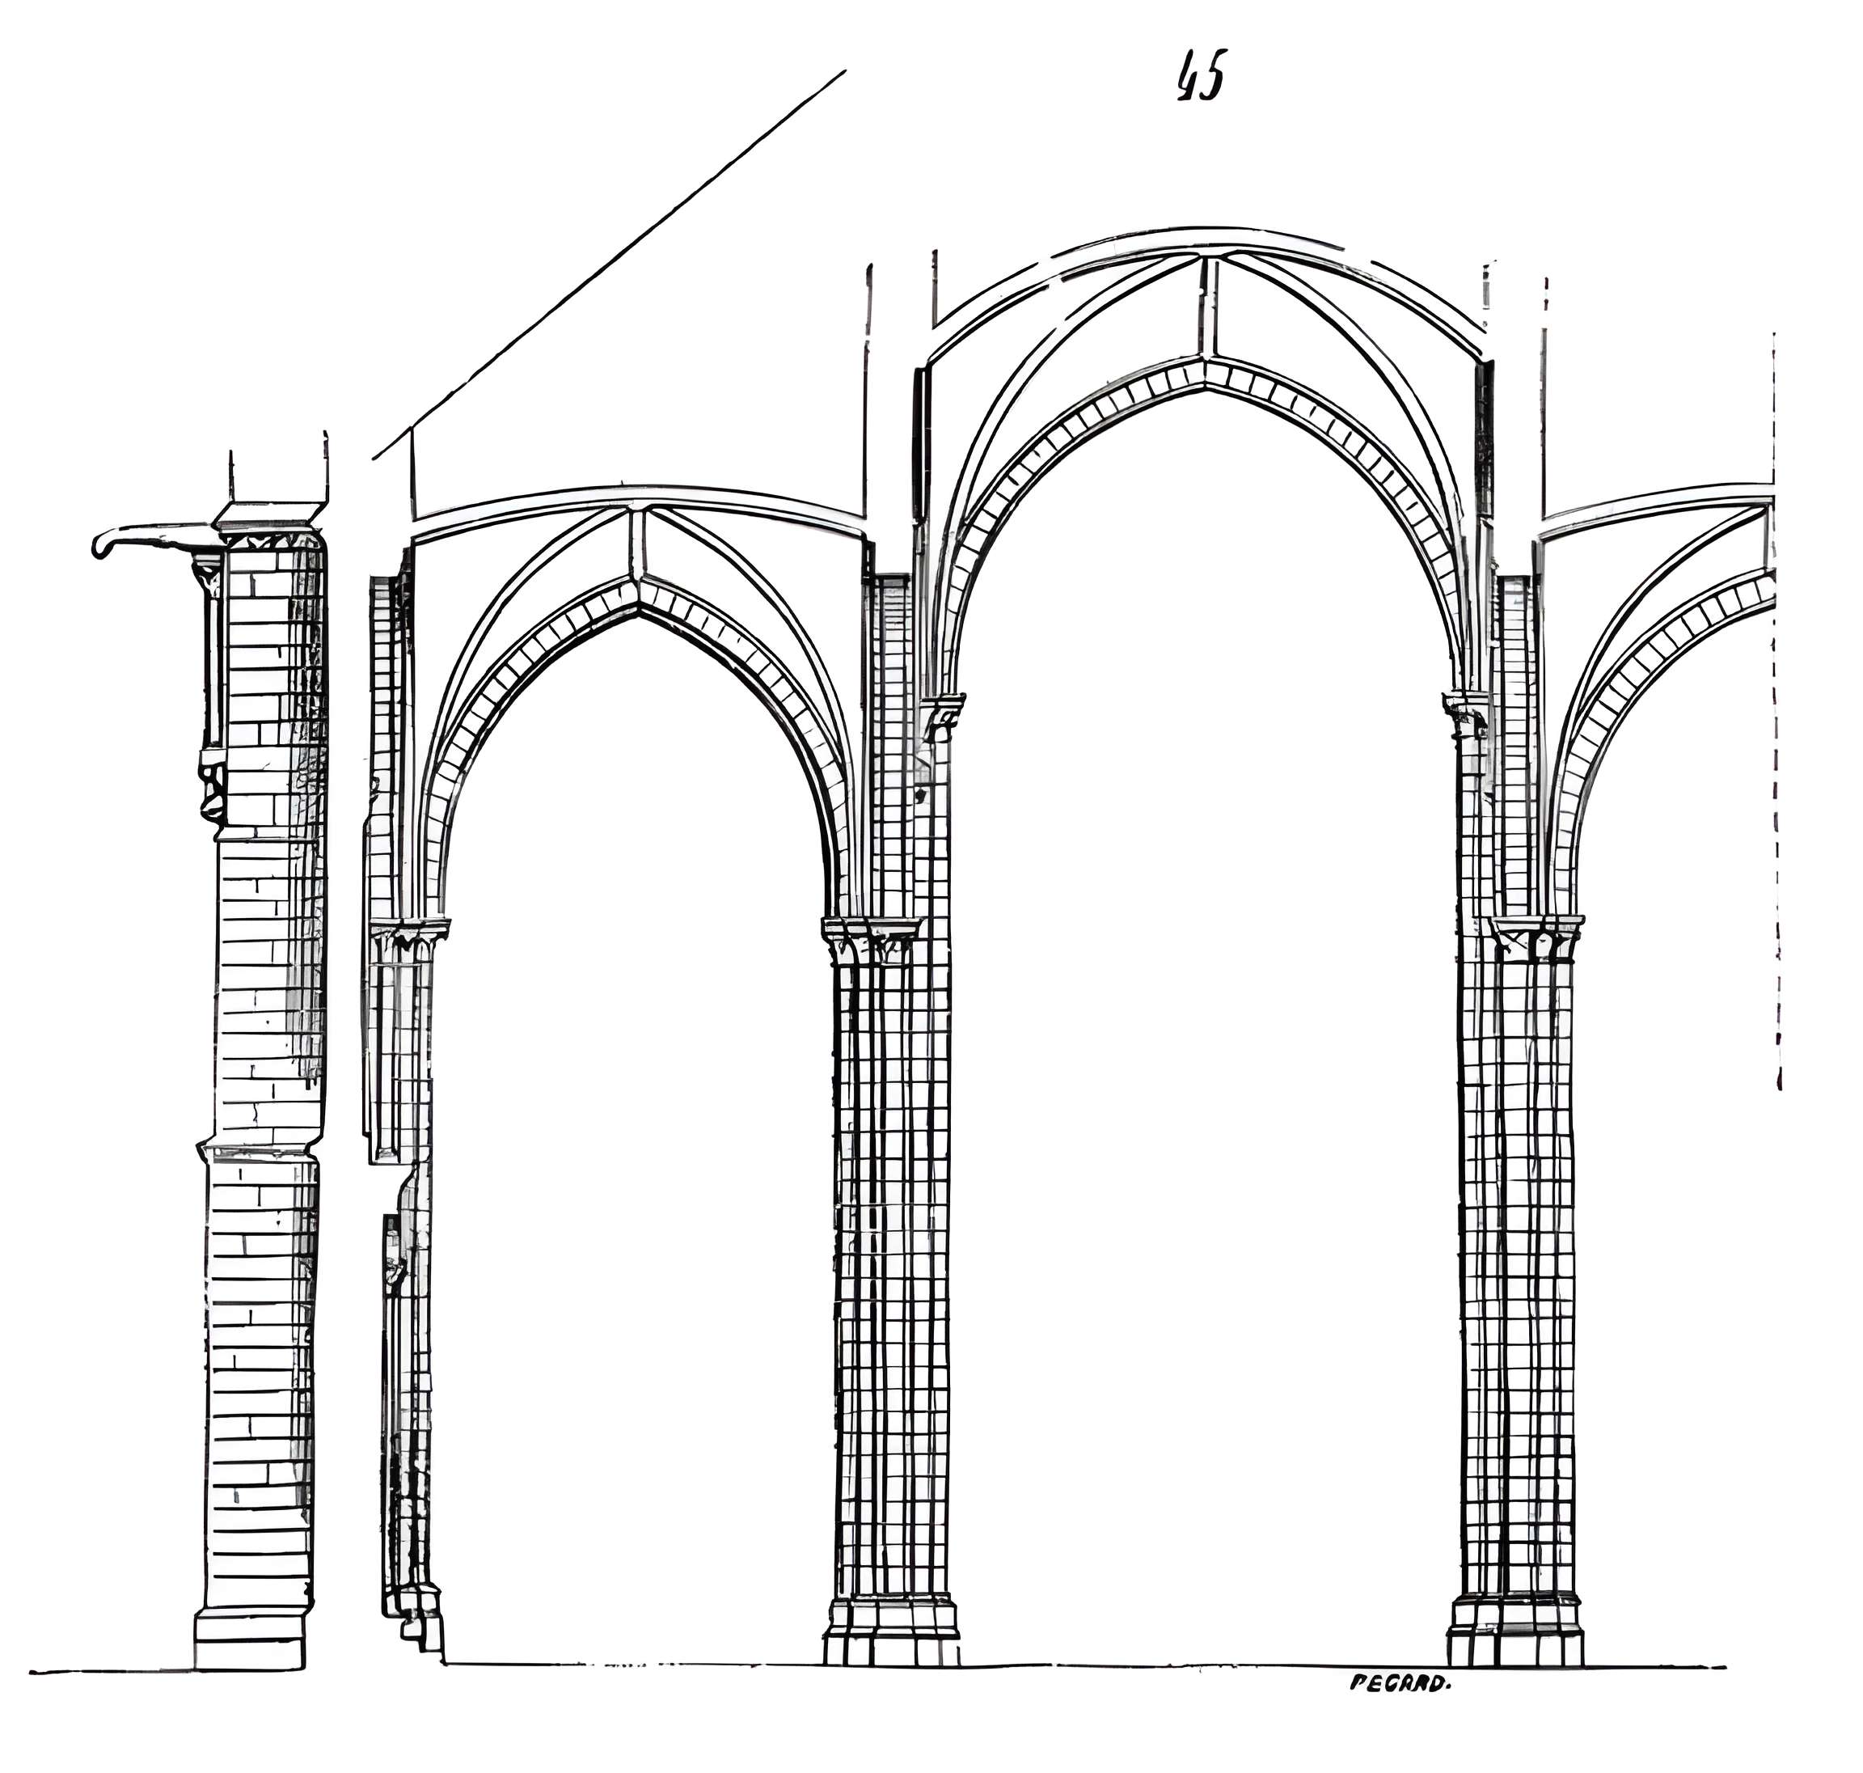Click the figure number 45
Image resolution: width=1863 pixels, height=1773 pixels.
(1201, 78)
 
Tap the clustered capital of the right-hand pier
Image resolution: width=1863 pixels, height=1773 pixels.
(1536, 937)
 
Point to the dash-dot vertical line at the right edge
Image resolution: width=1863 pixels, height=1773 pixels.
(1775, 709)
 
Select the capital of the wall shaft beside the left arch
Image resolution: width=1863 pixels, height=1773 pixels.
(408, 938)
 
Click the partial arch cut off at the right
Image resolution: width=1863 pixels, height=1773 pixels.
(1662, 662)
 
